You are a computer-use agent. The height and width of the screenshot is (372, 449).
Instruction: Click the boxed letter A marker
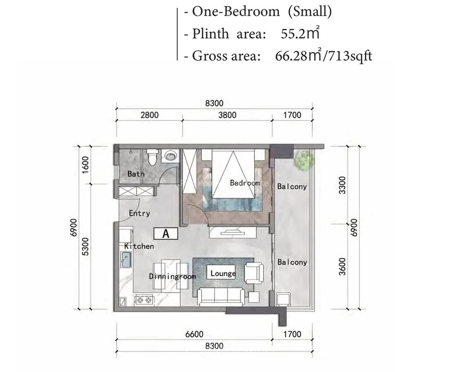click(166, 234)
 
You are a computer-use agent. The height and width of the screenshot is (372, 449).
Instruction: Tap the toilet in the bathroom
click(152, 157)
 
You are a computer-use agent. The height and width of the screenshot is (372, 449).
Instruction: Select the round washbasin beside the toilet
click(170, 156)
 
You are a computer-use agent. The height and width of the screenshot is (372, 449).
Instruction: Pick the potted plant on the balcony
click(304, 160)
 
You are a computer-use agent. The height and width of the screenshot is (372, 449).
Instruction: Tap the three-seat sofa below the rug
click(220, 296)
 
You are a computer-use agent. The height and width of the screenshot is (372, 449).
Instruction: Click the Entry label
click(139, 213)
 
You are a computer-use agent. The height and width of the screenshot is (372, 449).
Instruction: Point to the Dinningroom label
click(172, 276)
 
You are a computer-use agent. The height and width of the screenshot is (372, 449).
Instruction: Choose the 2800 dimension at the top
click(149, 115)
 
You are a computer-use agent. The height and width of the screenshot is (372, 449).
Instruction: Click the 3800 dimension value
click(227, 115)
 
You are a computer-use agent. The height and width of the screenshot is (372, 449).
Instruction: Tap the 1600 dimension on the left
click(86, 164)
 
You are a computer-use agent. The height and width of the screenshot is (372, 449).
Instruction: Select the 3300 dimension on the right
click(341, 185)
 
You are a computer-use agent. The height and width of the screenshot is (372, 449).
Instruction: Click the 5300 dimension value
click(86, 247)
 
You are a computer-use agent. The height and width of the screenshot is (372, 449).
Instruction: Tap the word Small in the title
click(310, 12)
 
